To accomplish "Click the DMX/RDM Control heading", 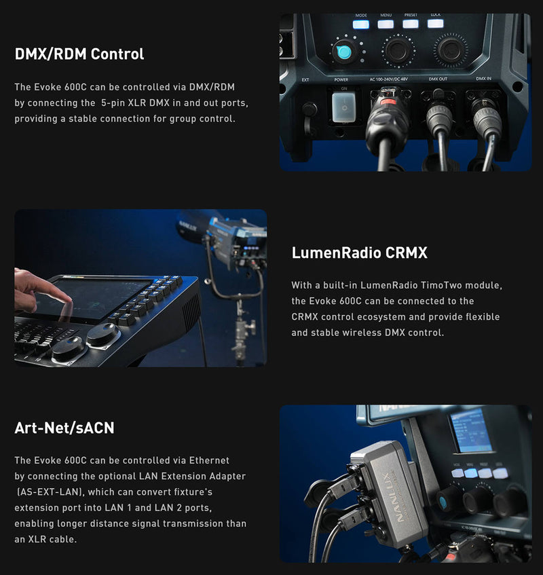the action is tap(79, 54).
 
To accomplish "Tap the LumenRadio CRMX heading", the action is tap(359, 253).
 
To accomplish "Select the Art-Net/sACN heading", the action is tap(64, 428).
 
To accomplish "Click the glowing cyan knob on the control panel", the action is tap(343, 52).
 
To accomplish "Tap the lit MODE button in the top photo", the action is tap(361, 24).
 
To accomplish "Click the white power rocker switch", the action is tap(344, 107).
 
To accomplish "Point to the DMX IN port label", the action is tap(483, 79).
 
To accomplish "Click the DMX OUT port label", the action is tap(438, 79).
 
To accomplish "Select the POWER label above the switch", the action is tap(341, 79).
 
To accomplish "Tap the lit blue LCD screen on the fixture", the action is tap(471, 430).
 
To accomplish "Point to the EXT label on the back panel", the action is tap(305, 79).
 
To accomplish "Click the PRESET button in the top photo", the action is tap(411, 24).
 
